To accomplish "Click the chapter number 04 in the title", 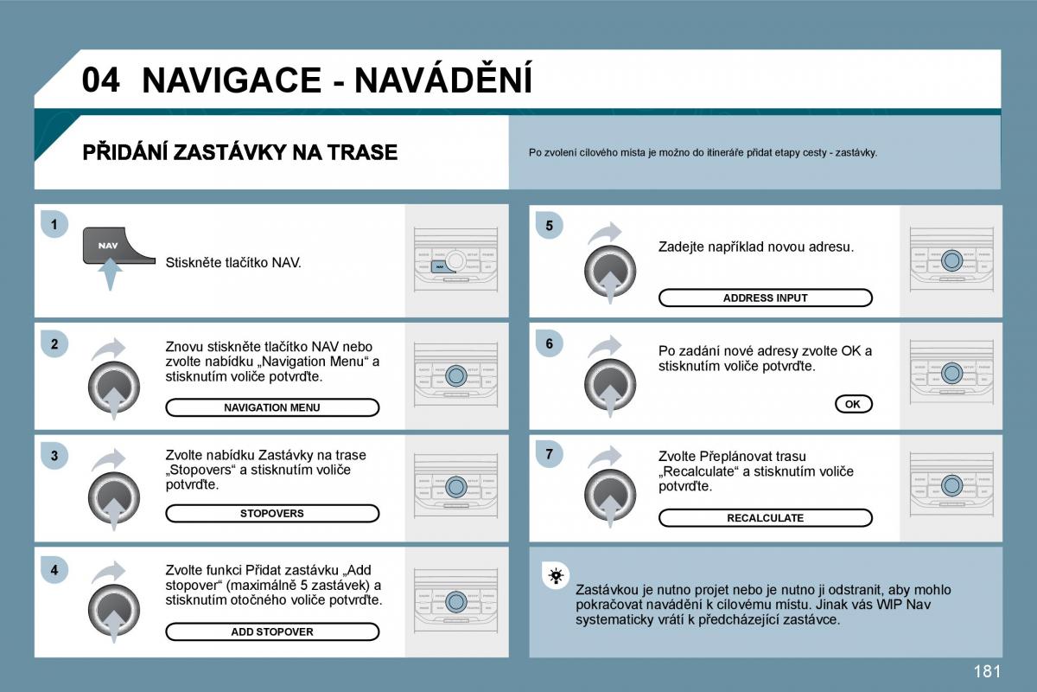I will [x=101, y=80].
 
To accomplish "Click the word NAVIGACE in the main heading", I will [x=231, y=80].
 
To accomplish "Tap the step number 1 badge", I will [x=54, y=225].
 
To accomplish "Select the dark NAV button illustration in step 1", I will [x=109, y=247].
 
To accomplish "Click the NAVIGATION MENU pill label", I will [x=272, y=407].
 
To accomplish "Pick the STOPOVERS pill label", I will [x=272, y=513].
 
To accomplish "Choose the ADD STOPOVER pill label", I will [x=272, y=631].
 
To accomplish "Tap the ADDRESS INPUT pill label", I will [x=765, y=298].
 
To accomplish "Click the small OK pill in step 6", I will [x=853, y=404].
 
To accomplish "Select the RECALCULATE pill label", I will [x=765, y=518].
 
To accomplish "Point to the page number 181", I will [x=986, y=670].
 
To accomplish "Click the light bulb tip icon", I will [x=556, y=575].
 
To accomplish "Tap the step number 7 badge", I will [x=548, y=452].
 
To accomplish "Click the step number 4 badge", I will [x=54, y=570].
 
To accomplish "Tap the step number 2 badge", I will [x=54, y=344].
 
